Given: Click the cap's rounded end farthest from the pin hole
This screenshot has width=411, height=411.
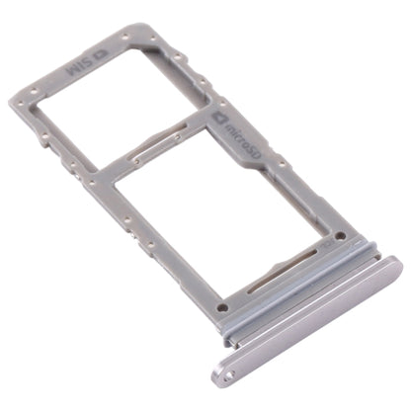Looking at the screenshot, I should [394, 266].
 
